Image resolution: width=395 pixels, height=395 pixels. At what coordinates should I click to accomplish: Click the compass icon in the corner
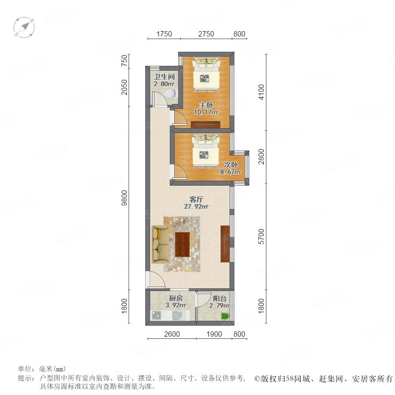[x=24, y=28]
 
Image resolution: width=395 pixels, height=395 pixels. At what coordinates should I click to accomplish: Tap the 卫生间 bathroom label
[x=165, y=76]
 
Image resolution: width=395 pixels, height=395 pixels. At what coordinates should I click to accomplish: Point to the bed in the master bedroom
[x=206, y=74]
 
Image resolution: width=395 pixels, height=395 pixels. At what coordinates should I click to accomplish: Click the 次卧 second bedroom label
[x=231, y=165]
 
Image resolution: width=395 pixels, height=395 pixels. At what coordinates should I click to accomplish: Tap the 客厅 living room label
[x=196, y=200]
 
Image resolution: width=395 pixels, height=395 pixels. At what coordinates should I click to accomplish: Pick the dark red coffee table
[x=183, y=244]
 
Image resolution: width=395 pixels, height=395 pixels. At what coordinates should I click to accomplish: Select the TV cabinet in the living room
[x=225, y=244]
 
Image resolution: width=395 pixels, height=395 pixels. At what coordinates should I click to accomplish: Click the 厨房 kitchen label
[x=176, y=298]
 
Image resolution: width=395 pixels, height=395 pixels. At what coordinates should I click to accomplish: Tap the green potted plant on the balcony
[x=225, y=316]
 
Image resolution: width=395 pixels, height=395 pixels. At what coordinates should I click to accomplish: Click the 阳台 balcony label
[x=220, y=298]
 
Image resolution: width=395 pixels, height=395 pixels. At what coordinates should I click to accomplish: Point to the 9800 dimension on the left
[x=125, y=198]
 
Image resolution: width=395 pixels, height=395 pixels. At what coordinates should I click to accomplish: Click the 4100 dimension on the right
[x=262, y=92]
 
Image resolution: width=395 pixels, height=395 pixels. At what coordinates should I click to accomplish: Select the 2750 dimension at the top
[x=206, y=34]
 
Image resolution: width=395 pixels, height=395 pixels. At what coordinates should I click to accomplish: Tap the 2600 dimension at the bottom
[x=172, y=334]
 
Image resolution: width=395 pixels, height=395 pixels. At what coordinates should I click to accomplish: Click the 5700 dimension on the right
[x=262, y=237]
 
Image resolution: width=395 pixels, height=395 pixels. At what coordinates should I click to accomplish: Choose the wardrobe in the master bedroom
[x=206, y=125]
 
